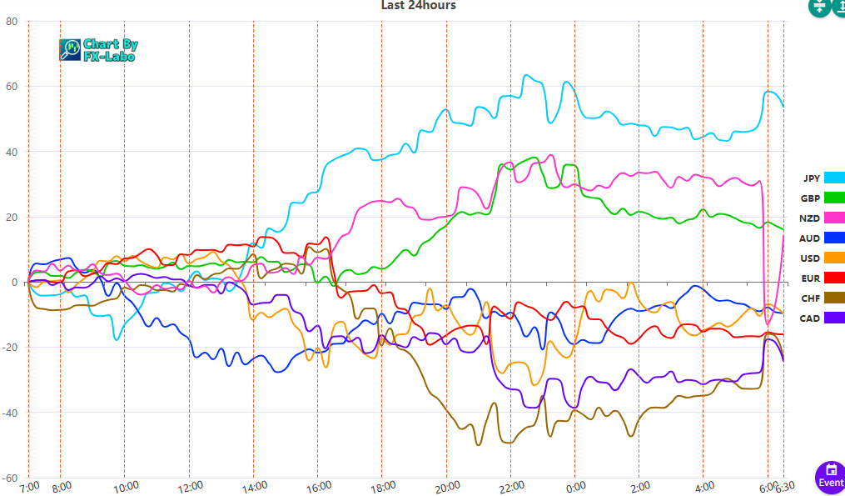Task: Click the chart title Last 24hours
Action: point(418,6)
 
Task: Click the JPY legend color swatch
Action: point(834,178)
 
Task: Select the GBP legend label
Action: point(810,198)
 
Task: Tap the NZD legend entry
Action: point(810,218)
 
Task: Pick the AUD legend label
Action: point(810,238)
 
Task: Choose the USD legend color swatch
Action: point(834,258)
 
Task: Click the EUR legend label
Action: point(810,278)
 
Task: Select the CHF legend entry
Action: point(810,298)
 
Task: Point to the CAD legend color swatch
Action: point(834,318)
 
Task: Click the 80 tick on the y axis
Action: point(12,22)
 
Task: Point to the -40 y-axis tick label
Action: point(10,413)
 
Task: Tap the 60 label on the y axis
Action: point(12,87)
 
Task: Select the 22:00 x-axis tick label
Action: point(511,486)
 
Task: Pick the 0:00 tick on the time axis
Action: point(575,486)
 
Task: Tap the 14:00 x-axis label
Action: point(254,486)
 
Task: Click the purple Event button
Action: point(830,476)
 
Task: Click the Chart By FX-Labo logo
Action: point(99,50)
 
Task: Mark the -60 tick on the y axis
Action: point(10,478)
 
